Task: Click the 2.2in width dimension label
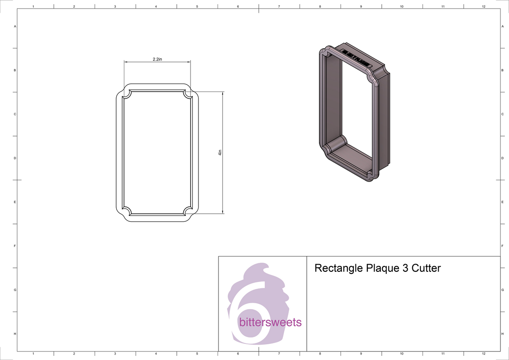(x=157, y=59)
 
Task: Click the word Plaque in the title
(x=380, y=268)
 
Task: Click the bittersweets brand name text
(x=270, y=323)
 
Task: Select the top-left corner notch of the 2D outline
(x=126, y=95)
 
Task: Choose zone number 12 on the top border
(x=484, y=6)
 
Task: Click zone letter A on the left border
(x=15, y=27)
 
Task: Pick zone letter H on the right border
(x=502, y=334)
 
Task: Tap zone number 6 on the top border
(x=238, y=6)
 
